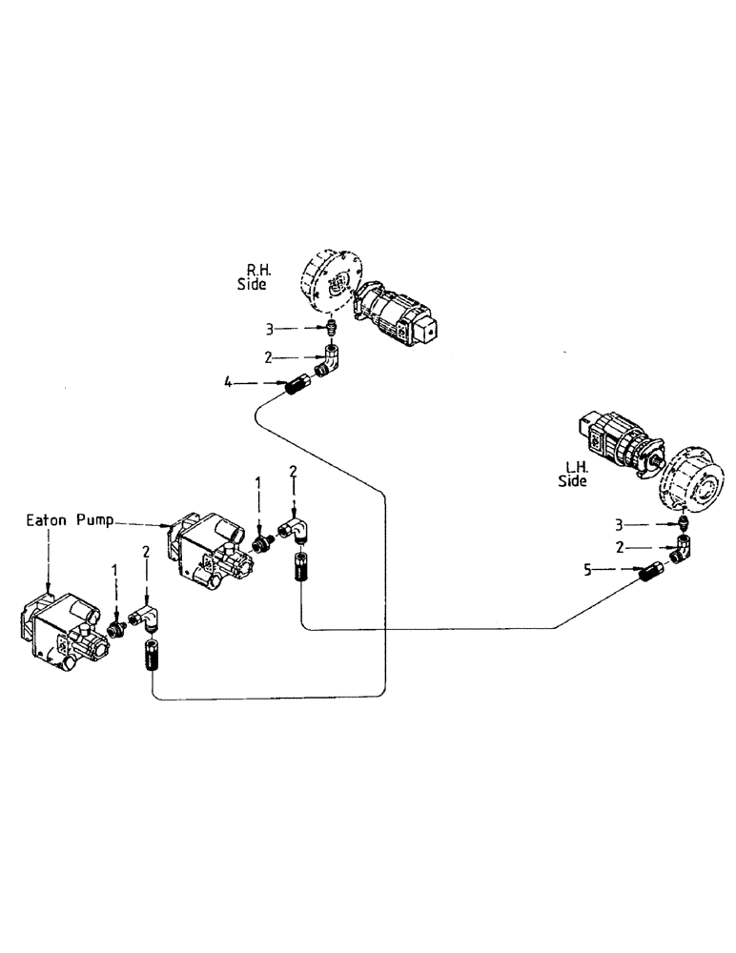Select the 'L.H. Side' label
tap(573, 475)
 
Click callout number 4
tap(228, 383)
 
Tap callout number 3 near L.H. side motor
tap(619, 524)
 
